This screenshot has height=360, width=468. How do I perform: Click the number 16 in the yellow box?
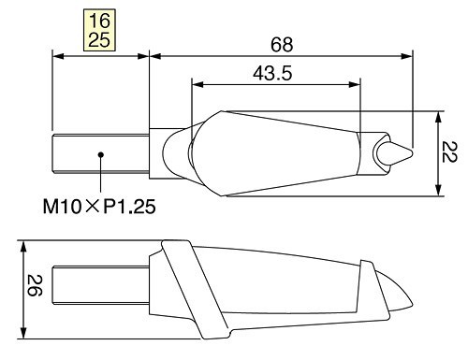tap(99, 21)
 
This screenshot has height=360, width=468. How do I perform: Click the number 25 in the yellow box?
tap(99, 40)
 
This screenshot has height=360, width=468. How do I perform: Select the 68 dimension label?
tap(282, 45)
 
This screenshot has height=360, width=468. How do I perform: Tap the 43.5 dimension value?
tap(272, 74)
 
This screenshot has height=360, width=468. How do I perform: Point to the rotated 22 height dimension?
tap(449, 151)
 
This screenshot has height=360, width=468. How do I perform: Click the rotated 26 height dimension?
tap(35, 285)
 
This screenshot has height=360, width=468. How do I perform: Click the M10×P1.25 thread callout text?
tap(99, 207)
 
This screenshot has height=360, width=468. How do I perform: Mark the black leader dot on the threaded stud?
tap(100, 154)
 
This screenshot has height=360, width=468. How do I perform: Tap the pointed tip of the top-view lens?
tap(413, 153)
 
